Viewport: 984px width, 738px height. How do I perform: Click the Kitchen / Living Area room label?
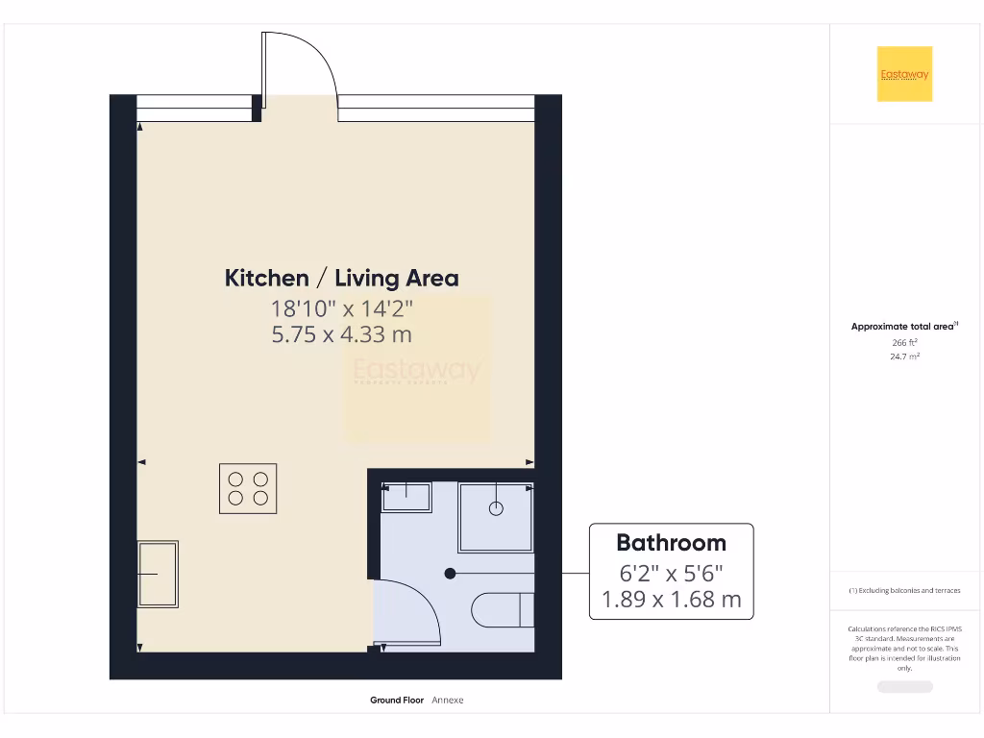click(341, 279)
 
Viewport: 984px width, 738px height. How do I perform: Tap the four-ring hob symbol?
click(248, 488)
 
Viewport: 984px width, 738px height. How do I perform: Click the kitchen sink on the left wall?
click(159, 574)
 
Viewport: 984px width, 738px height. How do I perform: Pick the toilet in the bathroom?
click(502, 609)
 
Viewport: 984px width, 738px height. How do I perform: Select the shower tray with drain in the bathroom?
click(496, 517)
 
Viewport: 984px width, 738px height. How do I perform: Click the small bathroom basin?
click(406, 497)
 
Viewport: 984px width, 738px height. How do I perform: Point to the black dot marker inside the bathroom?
click(450, 574)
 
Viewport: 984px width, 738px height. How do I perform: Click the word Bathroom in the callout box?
click(671, 542)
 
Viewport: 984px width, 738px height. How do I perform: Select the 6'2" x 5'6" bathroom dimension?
click(671, 574)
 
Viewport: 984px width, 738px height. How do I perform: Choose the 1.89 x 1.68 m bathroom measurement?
click(671, 600)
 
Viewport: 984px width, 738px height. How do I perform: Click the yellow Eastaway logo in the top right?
click(904, 74)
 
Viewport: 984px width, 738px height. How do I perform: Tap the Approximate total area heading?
click(904, 327)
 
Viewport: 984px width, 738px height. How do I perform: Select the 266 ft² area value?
click(904, 342)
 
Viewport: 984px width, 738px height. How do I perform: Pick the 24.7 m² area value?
click(904, 357)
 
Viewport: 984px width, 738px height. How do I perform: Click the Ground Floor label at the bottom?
click(397, 701)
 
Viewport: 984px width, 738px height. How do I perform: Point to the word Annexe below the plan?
click(447, 701)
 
